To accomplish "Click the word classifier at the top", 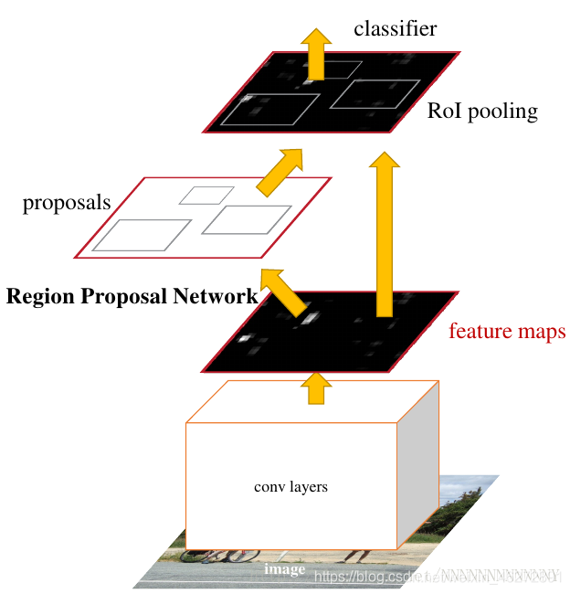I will coord(395,29).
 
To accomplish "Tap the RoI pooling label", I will coord(482,112).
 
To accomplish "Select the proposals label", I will coord(67,203).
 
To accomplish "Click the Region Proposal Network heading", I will coord(132,296).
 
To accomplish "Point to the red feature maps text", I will coord(506,331).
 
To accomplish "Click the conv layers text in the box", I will coord(290,487).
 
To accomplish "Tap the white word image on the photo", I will coord(284,570).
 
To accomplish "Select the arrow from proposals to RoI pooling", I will coord(280,171).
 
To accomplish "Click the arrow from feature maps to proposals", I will coord(286,291).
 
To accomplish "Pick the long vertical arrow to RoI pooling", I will coord(385,238).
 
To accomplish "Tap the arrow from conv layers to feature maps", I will coord(317,387).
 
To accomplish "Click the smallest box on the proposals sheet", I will coord(206,195).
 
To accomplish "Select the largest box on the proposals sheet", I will coord(142,235).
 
